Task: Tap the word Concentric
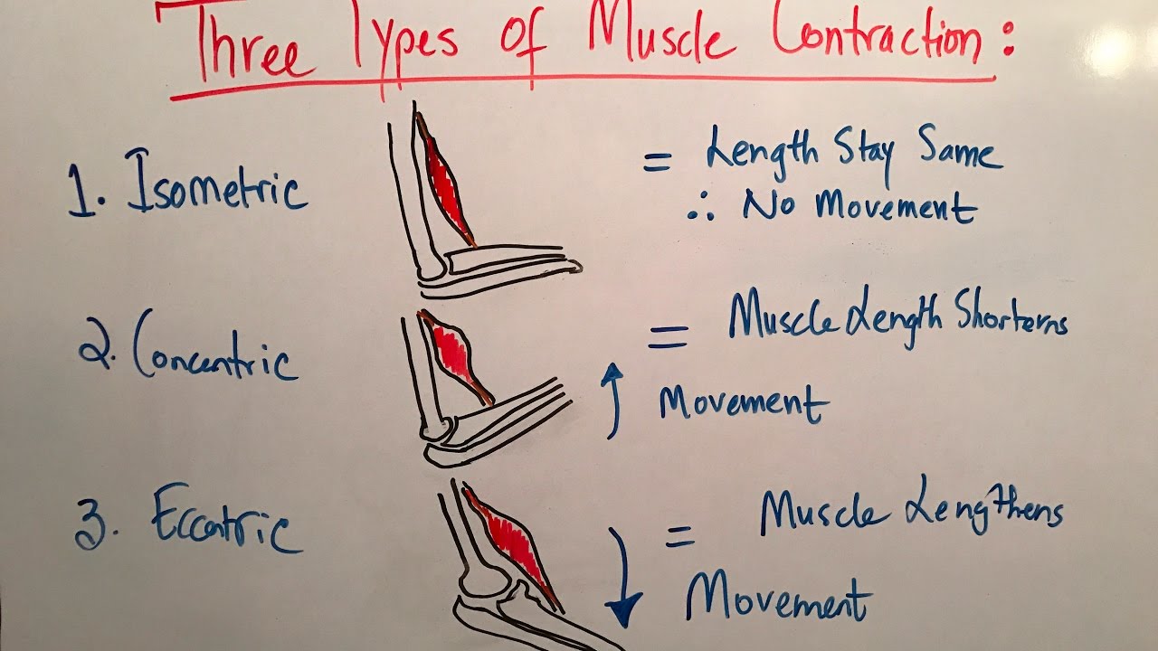coord(215,352)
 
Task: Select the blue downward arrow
coord(624,579)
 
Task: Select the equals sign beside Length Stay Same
coord(658,163)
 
